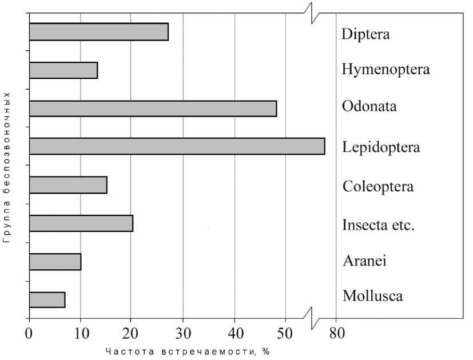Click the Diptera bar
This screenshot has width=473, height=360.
[98, 32]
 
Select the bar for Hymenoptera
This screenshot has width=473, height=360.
[63, 70]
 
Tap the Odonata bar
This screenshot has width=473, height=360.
[153, 109]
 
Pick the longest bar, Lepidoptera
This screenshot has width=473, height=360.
[177, 146]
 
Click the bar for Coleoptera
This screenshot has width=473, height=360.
[67, 185]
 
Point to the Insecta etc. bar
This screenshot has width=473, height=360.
[81, 223]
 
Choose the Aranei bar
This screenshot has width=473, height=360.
[55, 262]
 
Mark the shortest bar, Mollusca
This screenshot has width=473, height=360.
[47, 299]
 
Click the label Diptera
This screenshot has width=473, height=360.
[365, 34]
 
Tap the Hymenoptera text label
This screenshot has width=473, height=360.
[385, 70]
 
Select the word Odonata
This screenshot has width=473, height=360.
[369, 107]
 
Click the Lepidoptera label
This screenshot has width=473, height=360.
[381, 147]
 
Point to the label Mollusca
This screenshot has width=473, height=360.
[372, 296]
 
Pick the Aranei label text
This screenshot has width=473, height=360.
[364, 261]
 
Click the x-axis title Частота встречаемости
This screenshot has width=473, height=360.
[187, 351]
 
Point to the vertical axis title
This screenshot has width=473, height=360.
[7, 167]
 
